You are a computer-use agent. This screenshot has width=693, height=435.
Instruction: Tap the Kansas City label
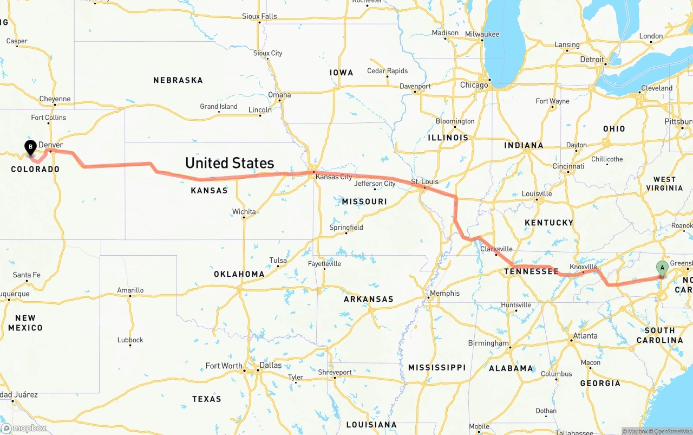click(x=334, y=177)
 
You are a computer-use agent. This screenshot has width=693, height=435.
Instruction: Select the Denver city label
click(x=50, y=145)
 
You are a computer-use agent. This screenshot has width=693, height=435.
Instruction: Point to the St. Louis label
click(x=425, y=181)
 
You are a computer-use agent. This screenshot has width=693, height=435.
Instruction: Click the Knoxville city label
click(x=583, y=267)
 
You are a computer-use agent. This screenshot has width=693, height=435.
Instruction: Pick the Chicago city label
click(x=474, y=85)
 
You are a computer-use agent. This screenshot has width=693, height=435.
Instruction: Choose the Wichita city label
click(x=244, y=212)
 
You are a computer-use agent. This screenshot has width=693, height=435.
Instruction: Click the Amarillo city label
click(x=130, y=290)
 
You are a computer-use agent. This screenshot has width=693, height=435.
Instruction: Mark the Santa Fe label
click(x=26, y=275)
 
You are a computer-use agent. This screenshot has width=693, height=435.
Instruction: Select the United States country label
click(x=230, y=163)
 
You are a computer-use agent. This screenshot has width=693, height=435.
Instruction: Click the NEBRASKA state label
click(x=178, y=80)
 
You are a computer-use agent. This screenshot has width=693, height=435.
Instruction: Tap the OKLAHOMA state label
click(x=239, y=274)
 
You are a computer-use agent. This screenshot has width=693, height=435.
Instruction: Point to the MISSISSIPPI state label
click(x=437, y=367)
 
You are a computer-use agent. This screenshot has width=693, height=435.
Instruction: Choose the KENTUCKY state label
click(x=548, y=223)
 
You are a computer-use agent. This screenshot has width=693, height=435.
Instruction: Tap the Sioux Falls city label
click(x=259, y=16)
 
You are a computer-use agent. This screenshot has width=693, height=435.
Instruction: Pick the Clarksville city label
click(x=496, y=249)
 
